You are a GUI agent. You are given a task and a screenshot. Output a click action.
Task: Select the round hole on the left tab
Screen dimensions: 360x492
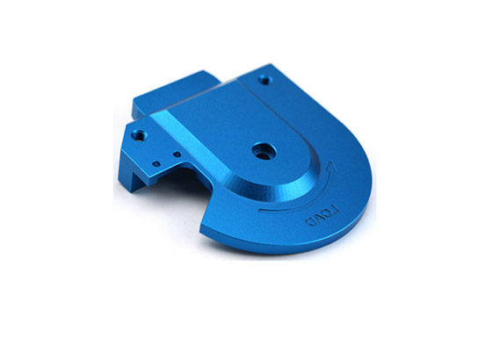[138, 136]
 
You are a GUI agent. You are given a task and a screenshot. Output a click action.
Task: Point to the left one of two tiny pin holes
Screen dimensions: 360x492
[156, 162]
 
